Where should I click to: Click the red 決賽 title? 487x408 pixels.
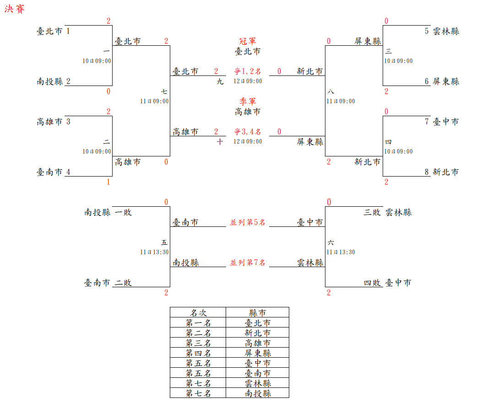coord(15,9)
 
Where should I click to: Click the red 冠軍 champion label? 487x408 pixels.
coord(248,42)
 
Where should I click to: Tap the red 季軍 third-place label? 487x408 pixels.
coord(248,102)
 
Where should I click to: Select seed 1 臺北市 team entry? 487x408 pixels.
coord(54,31)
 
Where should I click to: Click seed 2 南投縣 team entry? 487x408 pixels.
coord(54,81)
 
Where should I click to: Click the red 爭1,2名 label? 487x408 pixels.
coord(248,71)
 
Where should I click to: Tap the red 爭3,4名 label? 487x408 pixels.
coord(248,132)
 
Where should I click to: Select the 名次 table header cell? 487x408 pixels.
coord(198,312)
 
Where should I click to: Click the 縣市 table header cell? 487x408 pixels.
coord(258,312)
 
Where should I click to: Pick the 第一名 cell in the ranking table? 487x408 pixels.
coord(198,322)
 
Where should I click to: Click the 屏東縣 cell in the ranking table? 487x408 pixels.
coord(258,353)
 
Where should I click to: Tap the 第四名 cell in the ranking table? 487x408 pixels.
coord(198,353)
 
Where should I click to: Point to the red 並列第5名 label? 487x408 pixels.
coord(248,222)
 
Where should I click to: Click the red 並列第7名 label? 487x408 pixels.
coord(248,263)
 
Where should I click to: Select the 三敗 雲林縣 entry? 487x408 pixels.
coord(388,212)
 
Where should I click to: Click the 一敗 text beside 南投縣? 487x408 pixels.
coord(122,212)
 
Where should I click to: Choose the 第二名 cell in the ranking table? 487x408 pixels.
coord(198,333)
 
